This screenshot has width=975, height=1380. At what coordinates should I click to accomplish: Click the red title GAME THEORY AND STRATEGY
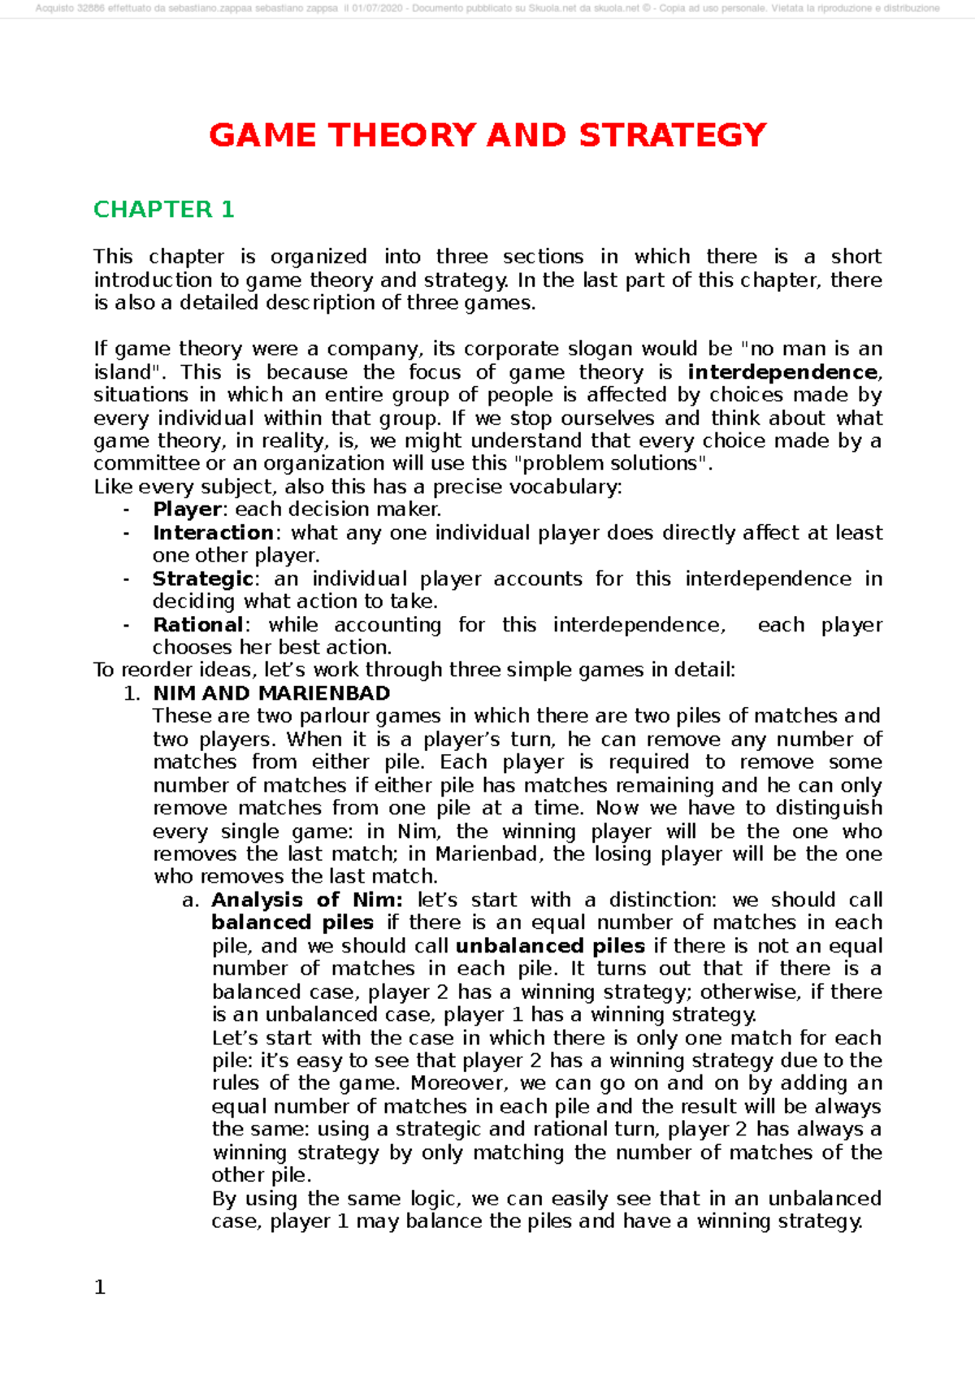tap(487, 135)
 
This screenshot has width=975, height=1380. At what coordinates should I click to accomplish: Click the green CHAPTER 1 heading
tap(163, 210)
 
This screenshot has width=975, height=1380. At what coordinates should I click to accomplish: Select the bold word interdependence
tap(782, 372)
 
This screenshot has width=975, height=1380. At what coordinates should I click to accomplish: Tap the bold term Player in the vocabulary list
tap(187, 510)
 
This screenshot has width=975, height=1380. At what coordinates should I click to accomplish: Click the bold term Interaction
tap(213, 532)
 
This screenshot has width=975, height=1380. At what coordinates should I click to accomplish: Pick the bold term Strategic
tap(203, 579)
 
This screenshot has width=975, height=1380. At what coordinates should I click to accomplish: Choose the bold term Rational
tap(197, 625)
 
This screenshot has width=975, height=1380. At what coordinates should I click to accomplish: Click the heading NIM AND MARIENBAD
tap(271, 693)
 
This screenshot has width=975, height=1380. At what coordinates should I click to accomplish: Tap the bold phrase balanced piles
tap(292, 922)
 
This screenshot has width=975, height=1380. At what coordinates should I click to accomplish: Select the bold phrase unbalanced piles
tap(550, 946)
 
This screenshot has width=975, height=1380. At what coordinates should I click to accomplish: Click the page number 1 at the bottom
tap(100, 1287)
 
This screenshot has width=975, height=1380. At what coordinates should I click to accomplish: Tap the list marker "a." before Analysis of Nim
tap(190, 900)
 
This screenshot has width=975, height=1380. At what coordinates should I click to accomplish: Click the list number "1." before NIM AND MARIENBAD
tap(132, 694)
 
